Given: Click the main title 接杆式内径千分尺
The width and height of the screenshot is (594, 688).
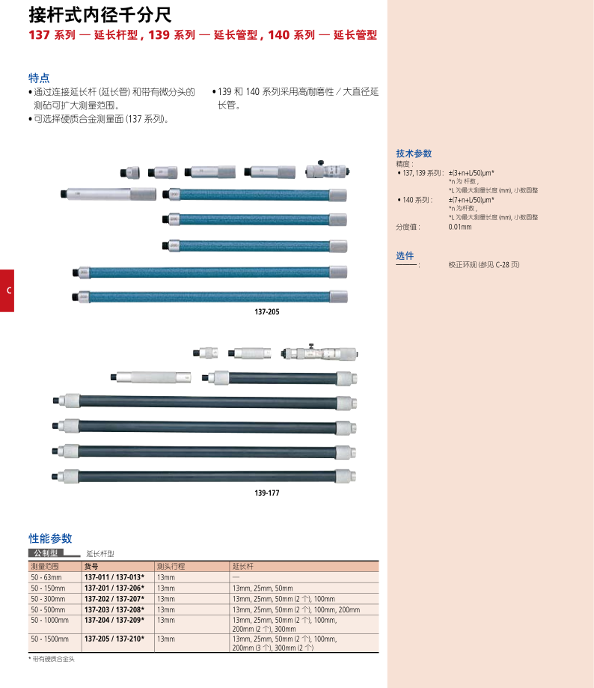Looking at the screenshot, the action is [x=100, y=15].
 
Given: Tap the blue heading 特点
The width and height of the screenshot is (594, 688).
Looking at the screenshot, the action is [x=39, y=78].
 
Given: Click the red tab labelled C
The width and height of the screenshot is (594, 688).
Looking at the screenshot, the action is [x=7, y=290].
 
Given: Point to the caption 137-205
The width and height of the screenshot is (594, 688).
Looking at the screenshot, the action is [x=267, y=312].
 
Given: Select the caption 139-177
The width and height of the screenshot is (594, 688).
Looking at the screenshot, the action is [x=267, y=493].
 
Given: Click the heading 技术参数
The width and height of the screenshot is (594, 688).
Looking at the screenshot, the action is [x=414, y=153].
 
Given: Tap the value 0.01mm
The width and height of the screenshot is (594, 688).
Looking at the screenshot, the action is [x=460, y=227].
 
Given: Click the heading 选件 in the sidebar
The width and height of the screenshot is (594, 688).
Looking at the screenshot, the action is [x=405, y=255].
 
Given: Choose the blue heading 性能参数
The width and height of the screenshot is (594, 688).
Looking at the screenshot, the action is [x=50, y=538].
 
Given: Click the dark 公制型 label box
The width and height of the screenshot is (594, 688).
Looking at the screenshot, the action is [x=46, y=552].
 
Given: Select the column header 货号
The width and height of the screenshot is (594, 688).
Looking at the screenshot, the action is [x=91, y=567].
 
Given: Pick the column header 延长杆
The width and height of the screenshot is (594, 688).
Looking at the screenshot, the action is [x=243, y=567].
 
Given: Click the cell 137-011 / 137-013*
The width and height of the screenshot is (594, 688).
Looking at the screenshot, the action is [x=114, y=577].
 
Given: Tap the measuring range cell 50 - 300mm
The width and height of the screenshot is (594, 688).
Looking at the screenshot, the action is [x=48, y=599].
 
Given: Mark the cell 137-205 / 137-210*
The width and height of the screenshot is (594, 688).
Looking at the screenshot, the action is [x=114, y=639].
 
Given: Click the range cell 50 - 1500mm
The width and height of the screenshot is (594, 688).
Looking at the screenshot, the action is [x=49, y=639].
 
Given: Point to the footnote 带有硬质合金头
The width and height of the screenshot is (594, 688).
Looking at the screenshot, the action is [x=53, y=659].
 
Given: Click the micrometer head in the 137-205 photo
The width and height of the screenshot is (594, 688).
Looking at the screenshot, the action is [x=328, y=170].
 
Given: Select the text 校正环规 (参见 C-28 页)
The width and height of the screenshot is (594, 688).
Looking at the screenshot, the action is [x=483, y=264].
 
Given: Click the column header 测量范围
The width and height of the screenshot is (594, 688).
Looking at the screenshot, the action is [x=45, y=567].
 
